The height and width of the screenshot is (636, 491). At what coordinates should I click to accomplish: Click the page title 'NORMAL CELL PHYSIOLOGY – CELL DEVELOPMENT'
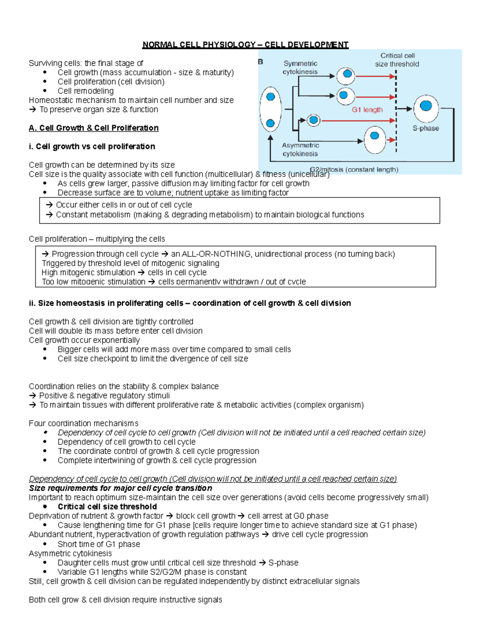coord(245,45)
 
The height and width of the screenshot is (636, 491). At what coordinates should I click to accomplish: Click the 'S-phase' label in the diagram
coord(426,128)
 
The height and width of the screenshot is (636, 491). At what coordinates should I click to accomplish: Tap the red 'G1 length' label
coord(367,110)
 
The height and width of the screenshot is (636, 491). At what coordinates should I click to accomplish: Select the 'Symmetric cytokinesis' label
coord(300,68)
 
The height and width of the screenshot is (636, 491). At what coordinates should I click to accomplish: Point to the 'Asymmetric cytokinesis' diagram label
coord(300,149)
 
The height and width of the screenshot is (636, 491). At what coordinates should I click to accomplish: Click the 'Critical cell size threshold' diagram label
coord(397,60)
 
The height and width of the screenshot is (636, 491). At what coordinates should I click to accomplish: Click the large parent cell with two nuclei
coord(270,109)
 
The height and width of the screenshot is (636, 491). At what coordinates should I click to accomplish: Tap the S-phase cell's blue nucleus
coord(426,106)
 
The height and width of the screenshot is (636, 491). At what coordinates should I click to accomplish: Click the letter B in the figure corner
coord(261,62)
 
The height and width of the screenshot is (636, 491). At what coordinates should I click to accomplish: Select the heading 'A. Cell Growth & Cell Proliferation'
coord(94,128)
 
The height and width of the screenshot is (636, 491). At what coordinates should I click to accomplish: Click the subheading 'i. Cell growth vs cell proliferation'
coord(92,146)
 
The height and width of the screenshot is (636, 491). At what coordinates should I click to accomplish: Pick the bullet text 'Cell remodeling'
coord(86,91)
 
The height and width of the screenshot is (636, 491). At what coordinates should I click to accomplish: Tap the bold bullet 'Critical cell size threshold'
coord(107,507)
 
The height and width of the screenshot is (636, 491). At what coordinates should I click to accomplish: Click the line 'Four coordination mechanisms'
coord(83,423)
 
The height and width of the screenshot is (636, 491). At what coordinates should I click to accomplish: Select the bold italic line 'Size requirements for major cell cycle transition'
coord(120,488)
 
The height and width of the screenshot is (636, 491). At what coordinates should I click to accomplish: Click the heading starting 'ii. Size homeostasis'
coord(190,303)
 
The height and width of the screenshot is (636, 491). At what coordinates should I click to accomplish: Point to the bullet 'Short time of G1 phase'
coord(99,544)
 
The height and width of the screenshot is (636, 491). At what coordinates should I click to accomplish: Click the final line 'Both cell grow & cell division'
coord(125,600)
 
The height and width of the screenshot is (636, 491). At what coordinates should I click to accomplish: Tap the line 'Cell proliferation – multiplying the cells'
coord(97,239)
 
